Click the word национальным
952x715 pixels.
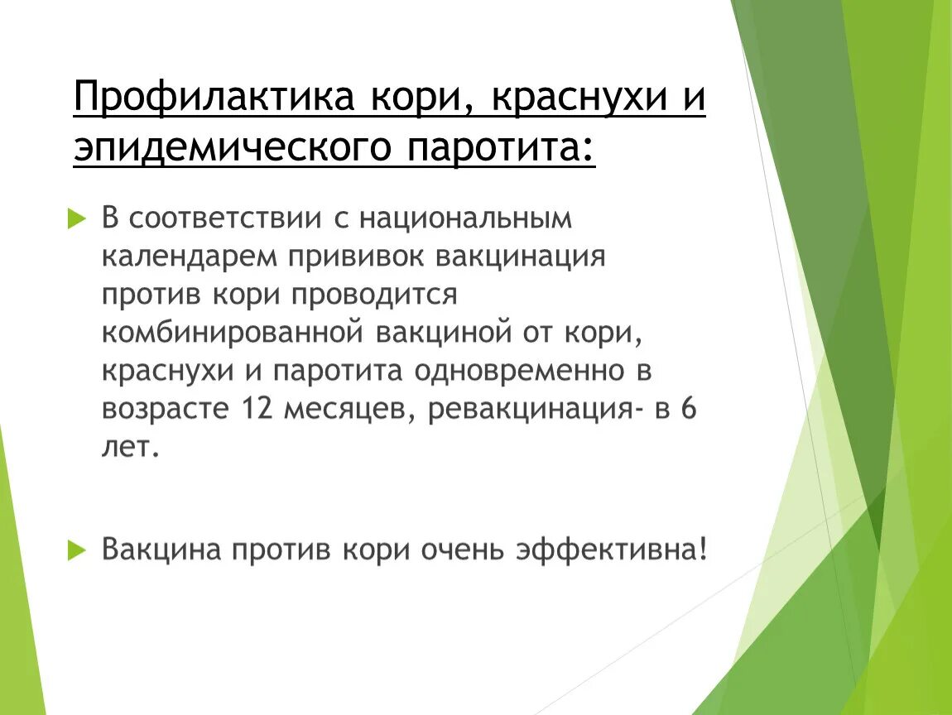(465, 218)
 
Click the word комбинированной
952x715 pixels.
(233, 333)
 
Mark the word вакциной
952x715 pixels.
(451, 333)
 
